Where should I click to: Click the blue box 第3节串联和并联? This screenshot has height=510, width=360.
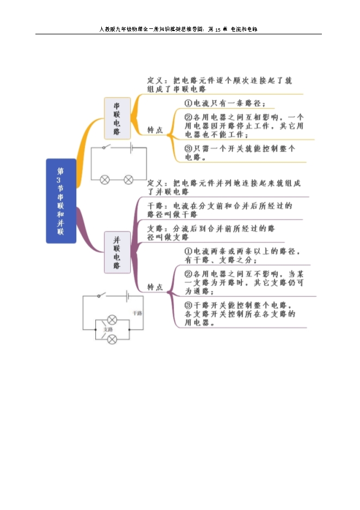(x=60, y=201)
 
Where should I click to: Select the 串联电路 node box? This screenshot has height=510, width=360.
(x=117, y=118)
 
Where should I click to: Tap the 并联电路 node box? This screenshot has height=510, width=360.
(x=117, y=252)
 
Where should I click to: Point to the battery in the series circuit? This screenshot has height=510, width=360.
(x=131, y=147)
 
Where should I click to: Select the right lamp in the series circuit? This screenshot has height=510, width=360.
(x=129, y=179)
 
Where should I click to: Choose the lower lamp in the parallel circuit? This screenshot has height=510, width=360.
(x=112, y=339)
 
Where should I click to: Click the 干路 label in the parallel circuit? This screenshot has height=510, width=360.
(x=137, y=313)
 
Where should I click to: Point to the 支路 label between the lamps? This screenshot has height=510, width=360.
(x=108, y=330)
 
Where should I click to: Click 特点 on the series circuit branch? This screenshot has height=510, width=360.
(x=155, y=130)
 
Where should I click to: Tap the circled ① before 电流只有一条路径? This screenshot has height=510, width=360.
(x=188, y=103)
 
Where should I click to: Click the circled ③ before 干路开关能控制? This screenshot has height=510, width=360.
(x=188, y=305)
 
